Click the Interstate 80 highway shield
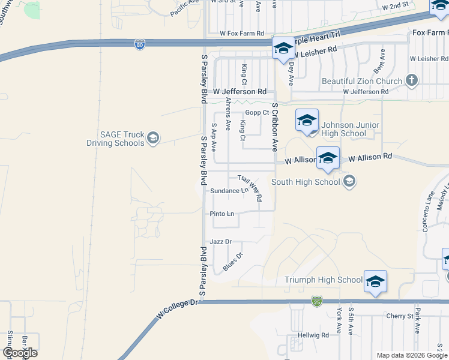click(x=139, y=45)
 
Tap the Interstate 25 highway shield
click(x=316, y=300)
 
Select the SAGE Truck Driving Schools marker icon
click(x=152, y=139)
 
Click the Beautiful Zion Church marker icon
click(x=411, y=80)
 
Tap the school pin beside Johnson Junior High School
click(x=307, y=120)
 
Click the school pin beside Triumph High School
click(x=375, y=281)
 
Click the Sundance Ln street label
click(x=229, y=191)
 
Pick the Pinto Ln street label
click(x=222, y=214)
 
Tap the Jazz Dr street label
click(x=220, y=241)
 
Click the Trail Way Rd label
click(x=250, y=187)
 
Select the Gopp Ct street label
click(x=256, y=113)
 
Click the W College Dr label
click(x=177, y=313)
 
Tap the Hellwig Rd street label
click(x=316, y=335)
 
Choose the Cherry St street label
click(x=400, y=316)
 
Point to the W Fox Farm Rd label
click(x=242, y=34)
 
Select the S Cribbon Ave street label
click(x=275, y=126)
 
